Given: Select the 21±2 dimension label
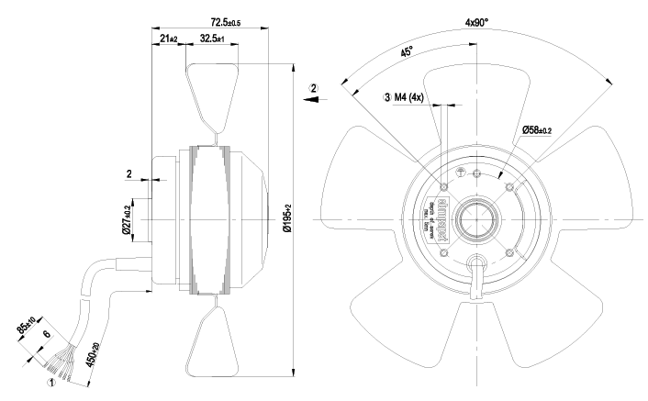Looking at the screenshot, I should [x=168, y=39].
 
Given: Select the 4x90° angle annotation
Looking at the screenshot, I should [x=476, y=23].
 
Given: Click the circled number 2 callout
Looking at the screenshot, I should [x=314, y=88].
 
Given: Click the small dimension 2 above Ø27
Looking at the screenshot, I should [x=130, y=172].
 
